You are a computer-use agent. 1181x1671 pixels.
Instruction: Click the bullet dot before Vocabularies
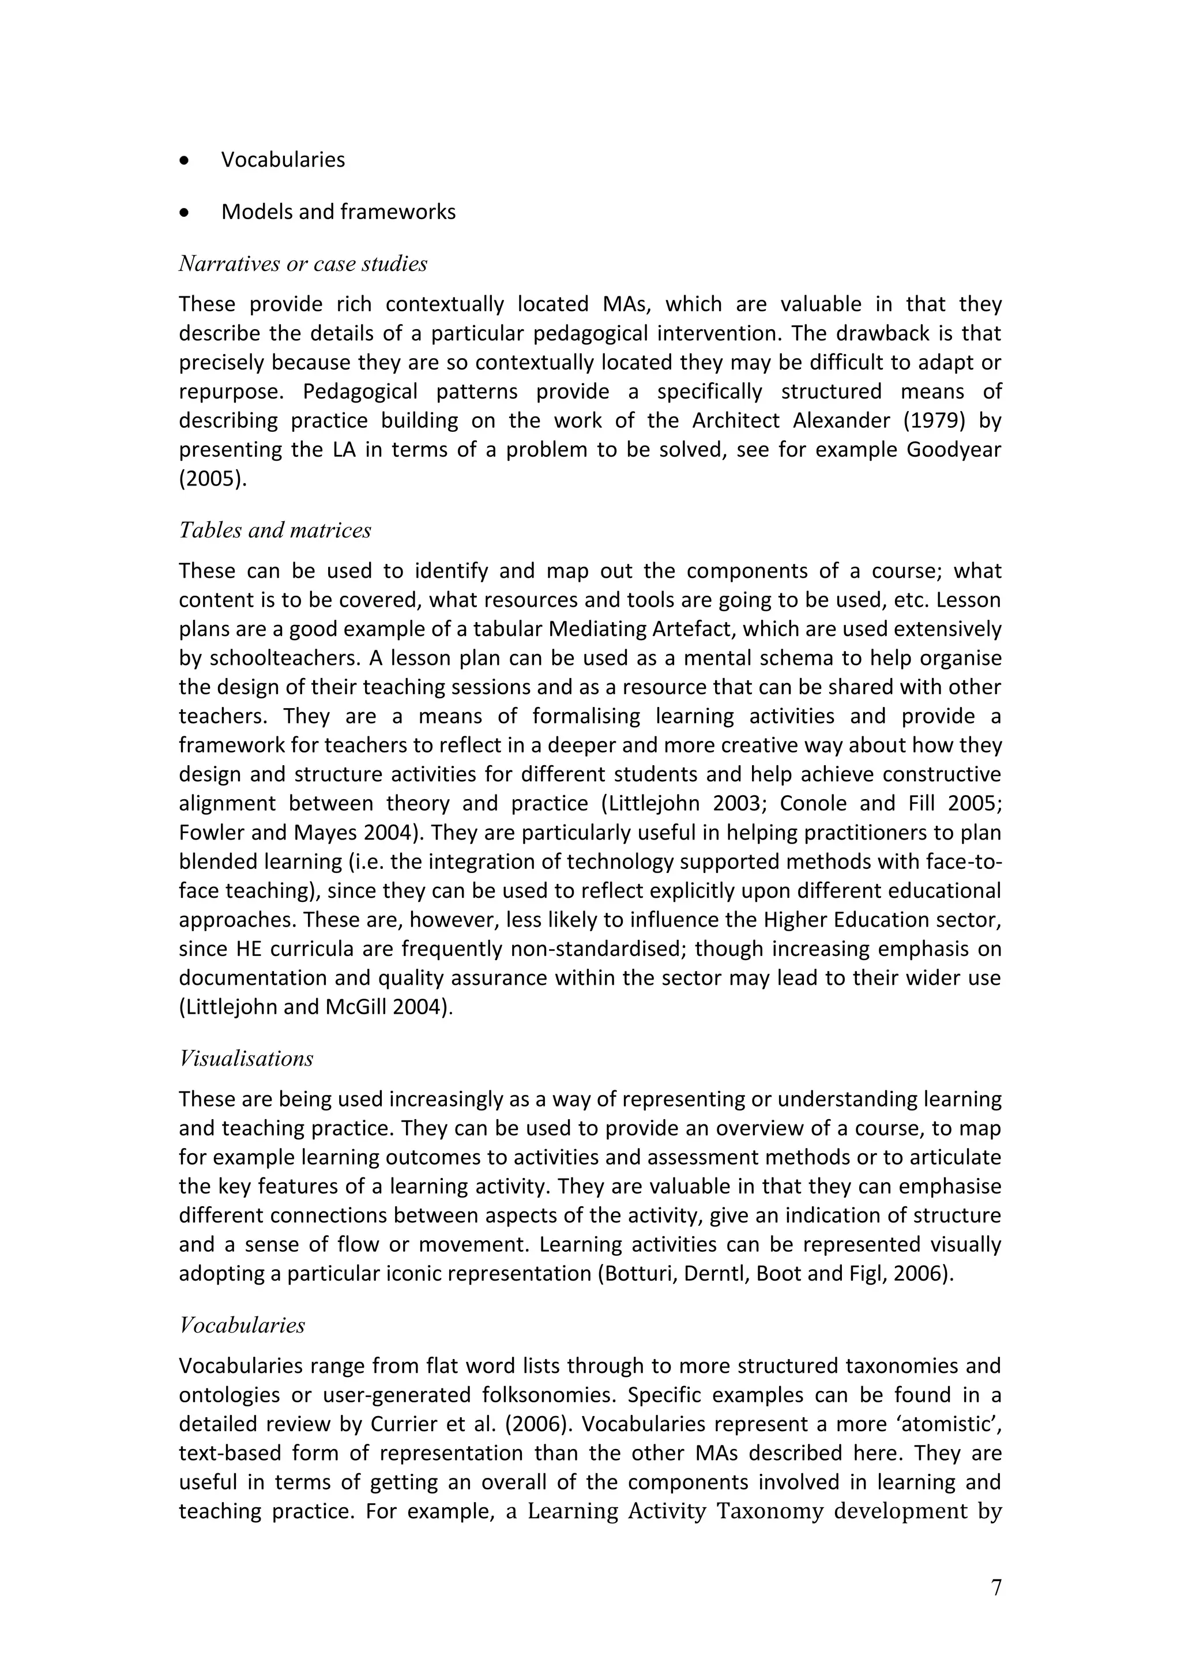click(185, 160)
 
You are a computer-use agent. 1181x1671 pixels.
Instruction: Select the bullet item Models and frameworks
click(338, 212)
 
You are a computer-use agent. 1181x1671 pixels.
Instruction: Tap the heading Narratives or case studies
click(303, 264)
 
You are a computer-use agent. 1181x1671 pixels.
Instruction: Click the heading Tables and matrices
click(275, 530)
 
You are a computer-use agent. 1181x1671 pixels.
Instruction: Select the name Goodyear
click(953, 450)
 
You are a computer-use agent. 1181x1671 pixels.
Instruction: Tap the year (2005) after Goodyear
click(212, 479)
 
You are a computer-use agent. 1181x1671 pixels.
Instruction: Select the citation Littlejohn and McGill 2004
click(314, 1007)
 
